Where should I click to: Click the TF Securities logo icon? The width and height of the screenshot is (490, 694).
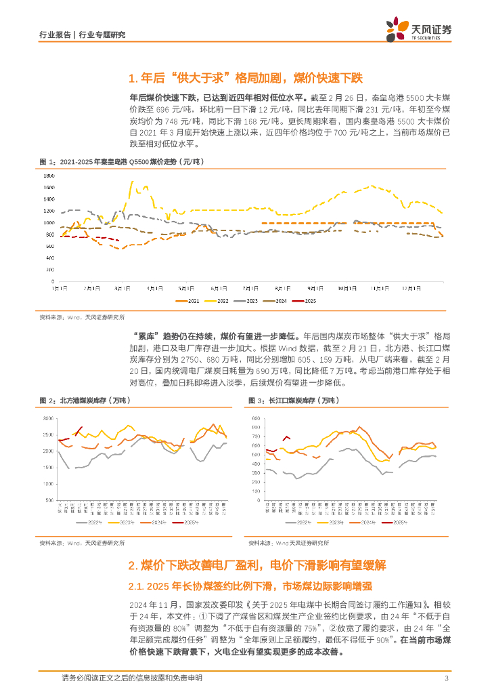click(x=397, y=29)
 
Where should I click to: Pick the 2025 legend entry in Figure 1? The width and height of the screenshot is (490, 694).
click(x=307, y=301)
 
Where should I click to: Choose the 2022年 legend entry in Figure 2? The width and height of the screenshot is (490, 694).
click(x=91, y=523)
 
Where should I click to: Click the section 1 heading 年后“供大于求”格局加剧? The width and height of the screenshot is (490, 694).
click(x=246, y=77)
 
